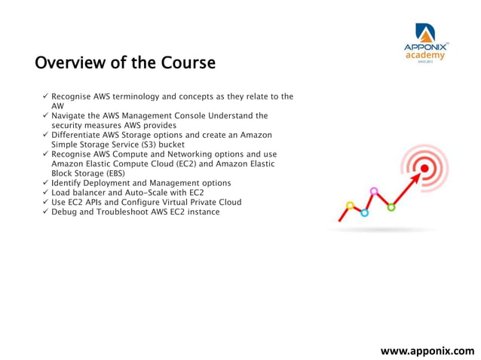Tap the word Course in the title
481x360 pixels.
188,63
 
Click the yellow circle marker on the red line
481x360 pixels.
350,205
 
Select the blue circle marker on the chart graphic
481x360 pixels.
364,213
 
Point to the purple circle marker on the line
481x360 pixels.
374,191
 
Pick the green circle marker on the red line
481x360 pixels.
391,207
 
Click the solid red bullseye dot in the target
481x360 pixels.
424,169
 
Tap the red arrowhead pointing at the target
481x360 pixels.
413,177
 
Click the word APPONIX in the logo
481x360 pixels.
425,47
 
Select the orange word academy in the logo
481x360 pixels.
425,55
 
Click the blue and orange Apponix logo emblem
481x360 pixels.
425,32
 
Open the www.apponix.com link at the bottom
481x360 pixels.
427,350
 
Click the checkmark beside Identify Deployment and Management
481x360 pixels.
46,183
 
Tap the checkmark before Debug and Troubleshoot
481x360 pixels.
46,212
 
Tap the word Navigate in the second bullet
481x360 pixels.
69,115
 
